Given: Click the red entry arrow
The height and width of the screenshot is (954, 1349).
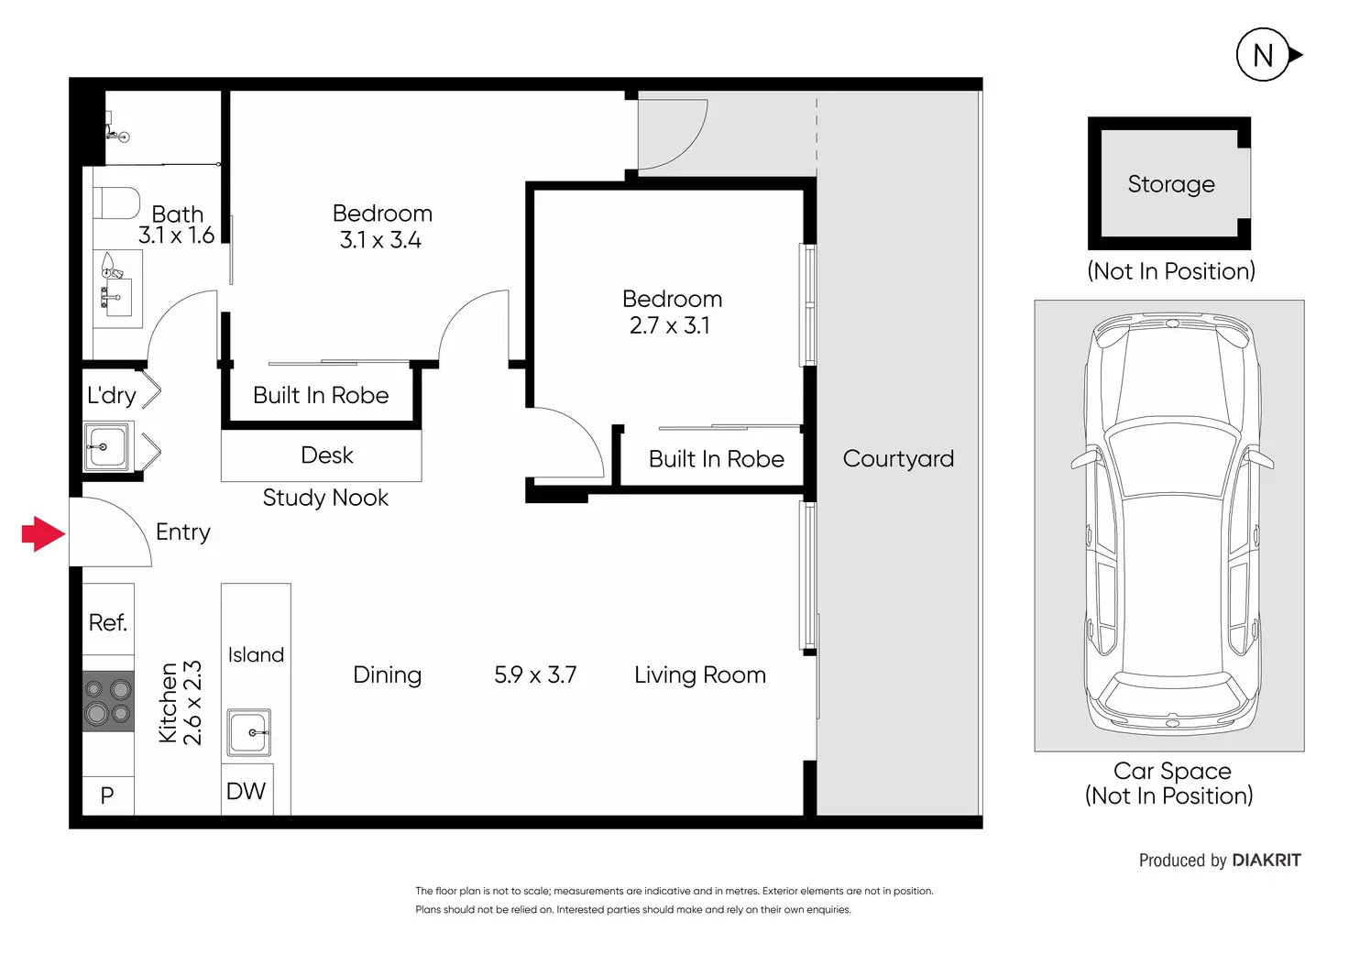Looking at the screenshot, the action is (43, 533).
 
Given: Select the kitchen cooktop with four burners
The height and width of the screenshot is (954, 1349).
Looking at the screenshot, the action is (108, 701).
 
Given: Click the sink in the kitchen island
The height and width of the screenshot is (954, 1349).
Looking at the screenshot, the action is (248, 732).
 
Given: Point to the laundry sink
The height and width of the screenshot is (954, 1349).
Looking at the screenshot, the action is (106, 447).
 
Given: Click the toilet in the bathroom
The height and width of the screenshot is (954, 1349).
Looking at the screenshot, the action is (116, 203).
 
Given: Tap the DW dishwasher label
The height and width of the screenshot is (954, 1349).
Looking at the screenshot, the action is (246, 792).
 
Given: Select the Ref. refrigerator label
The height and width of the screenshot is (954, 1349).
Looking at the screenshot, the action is (108, 623).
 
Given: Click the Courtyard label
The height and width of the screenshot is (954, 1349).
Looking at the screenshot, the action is (898, 459).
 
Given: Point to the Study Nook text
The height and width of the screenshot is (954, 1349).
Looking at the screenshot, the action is (325, 498).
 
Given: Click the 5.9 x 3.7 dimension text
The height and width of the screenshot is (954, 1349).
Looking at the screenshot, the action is (535, 675).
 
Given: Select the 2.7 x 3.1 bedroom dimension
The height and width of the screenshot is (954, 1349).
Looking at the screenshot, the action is (670, 326).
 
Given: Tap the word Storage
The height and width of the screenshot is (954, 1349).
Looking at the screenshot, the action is (1171, 184).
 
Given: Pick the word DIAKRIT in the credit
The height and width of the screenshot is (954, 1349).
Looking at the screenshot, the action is (1267, 860).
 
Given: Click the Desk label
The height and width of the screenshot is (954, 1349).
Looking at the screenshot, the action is (326, 455).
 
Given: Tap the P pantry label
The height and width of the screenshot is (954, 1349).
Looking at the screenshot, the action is (107, 795).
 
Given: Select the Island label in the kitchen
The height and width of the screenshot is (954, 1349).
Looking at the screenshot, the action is (256, 654).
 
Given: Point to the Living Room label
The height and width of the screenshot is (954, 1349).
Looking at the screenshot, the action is (700, 675).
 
